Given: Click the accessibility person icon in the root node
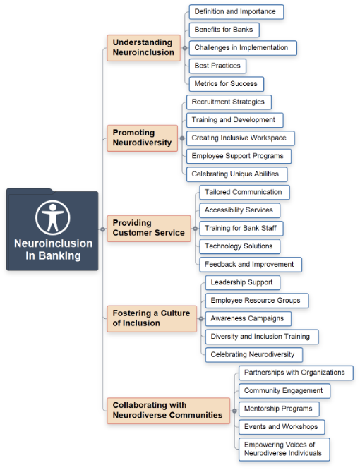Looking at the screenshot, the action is click(53, 217).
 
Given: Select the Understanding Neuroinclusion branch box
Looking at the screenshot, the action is click(143, 48).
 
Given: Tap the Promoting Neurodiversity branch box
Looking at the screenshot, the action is click(143, 138).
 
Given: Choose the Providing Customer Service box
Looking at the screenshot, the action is click(149, 229).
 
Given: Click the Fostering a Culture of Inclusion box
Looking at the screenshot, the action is click(152, 319).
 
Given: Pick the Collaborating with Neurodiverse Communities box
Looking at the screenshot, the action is click(169, 411).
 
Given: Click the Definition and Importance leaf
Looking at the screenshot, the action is click(236, 12).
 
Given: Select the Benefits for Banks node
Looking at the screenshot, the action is click(224, 30).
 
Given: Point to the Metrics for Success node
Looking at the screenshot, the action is click(227, 84).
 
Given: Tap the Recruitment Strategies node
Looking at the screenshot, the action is click(229, 102).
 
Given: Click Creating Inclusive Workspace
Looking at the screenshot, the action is click(241, 138).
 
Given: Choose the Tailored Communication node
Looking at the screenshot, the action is click(245, 193).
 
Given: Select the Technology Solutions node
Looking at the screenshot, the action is click(240, 246).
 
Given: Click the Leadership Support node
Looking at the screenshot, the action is click(243, 283).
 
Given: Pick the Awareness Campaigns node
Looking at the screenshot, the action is click(248, 319).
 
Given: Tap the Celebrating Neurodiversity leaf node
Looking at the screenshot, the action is click(254, 355).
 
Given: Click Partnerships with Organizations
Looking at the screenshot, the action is click(296, 373).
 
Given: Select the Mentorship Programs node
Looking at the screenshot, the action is click(279, 409).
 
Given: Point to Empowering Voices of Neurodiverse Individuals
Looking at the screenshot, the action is click(284, 450).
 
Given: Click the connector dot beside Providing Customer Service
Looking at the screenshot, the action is click(195, 229).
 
